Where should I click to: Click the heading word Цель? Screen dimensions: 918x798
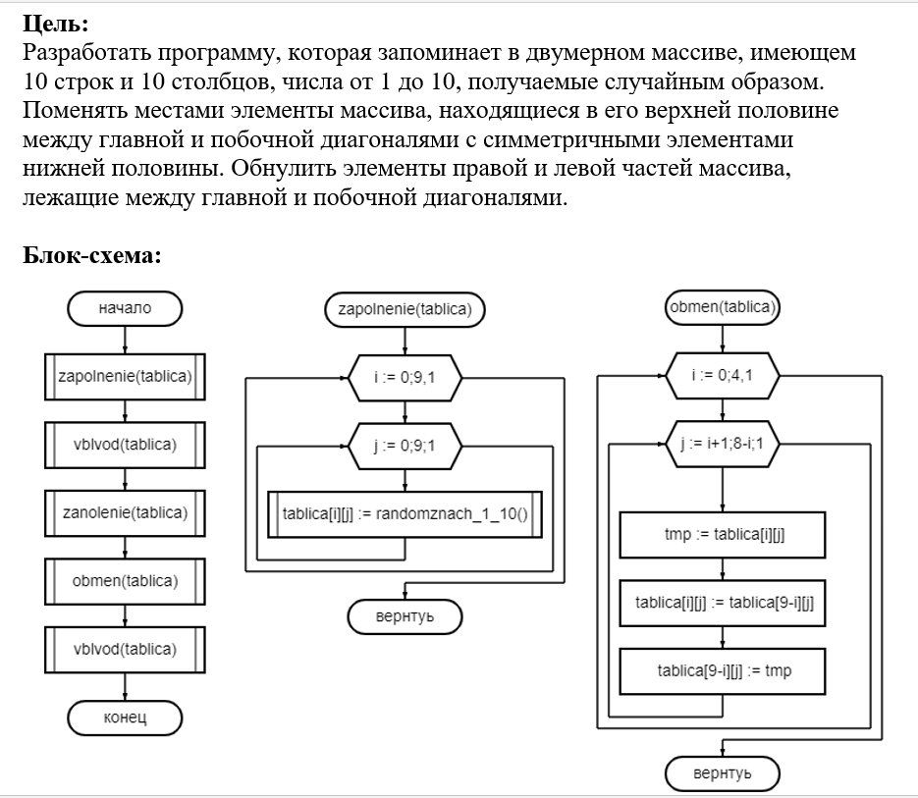pyautogui.click(x=56, y=24)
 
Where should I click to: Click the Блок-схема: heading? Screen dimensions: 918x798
pyautogui.click(x=92, y=255)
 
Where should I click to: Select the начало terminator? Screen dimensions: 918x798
pyautogui.click(x=125, y=308)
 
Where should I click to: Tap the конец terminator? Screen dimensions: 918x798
pyautogui.click(x=125, y=718)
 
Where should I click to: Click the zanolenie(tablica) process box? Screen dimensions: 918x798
pyautogui.click(x=125, y=513)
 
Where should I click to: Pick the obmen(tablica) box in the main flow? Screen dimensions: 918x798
pyautogui.click(x=125, y=581)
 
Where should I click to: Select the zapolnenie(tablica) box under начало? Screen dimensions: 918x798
pyautogui.click(x=125, y=377)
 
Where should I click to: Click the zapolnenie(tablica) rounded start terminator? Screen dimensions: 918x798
pyautogui.click(x=405, y=309)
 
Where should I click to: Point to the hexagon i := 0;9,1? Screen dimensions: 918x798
pyautogui.click(x=405, y=378)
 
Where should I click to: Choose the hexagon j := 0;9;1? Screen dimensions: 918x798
pyautogui.click(x=405, y=447)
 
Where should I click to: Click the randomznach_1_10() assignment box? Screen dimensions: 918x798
pyautogui.click(x=405, y=514)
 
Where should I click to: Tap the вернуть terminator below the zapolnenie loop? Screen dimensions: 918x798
pyautogui.click(x=405, y=616)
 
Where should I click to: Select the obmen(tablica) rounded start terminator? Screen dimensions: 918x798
pyautogui.click(x=723, y=307)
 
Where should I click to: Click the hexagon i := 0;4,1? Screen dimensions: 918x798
pyautogui.click(x=723, y=375)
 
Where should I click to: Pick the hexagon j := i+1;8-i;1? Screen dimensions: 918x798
pyautogui.click(x=723, y=444)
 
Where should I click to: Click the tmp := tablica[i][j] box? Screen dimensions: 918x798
pyautogui.click(x=723, y=535)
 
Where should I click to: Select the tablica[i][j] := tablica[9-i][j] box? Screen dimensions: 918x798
pyautogui.click(x=723, y=603)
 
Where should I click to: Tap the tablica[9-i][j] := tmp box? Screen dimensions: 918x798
pyautogui.click(x=723, y=671)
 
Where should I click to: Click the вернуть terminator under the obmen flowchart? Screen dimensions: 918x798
pyautogui.click(x=723, y=773)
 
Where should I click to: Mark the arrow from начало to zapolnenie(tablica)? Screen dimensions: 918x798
pyautogui.click(x=125, y=340)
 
